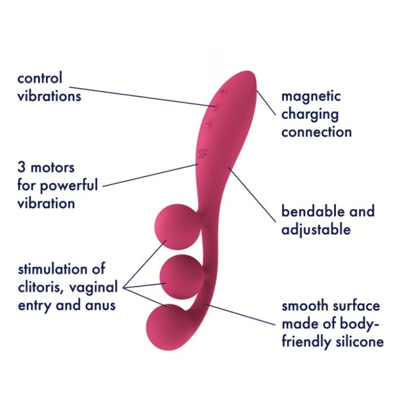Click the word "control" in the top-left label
(40, 79)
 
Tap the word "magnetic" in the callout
(312, 97)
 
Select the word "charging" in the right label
(310, 116)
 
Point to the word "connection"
(317, 132)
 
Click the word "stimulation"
(52, 269)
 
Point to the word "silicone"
(359, 342)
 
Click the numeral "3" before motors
(22, 168)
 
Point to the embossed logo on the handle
(203, 153)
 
